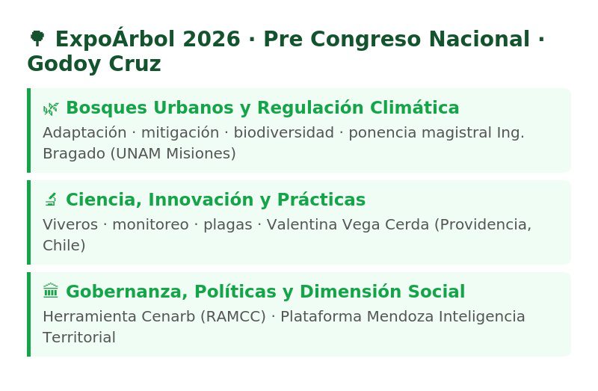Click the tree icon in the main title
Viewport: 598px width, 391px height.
click(37, 39)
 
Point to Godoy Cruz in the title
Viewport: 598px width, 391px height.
click(94, 64)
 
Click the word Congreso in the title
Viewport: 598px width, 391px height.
click(366, 40)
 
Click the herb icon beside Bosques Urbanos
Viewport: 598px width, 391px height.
click(51, 108)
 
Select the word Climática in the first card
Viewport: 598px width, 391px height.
click(415, 107)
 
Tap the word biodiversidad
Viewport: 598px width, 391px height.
click(284, 133)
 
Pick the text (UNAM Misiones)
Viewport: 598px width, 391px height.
click(173, 153)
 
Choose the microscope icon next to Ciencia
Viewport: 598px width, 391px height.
click(51, 200)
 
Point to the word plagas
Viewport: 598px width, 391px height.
click(228, 225)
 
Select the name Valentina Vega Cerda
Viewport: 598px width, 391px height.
click(348, 225)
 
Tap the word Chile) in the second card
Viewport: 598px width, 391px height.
click(64, 245)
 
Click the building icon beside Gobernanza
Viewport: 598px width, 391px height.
click(51, 291)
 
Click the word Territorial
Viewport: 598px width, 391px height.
click(79, 337)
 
